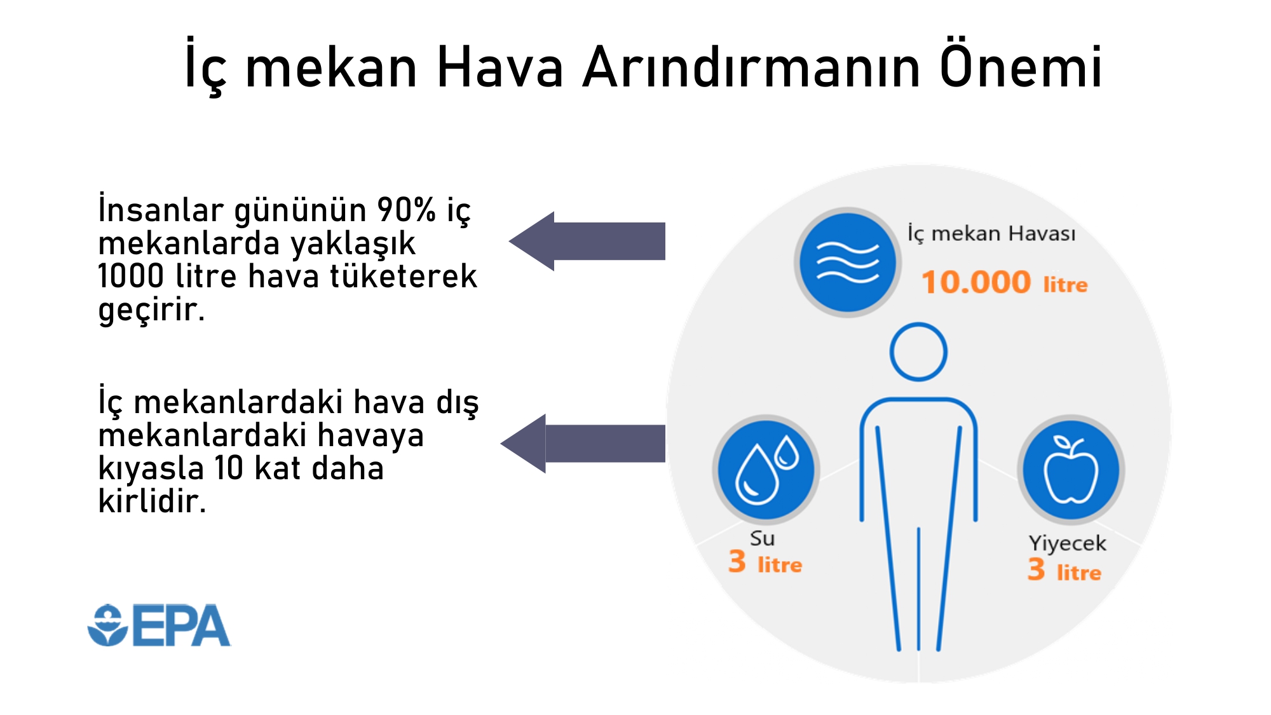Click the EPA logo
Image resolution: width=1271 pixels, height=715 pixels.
(x=159, y=625)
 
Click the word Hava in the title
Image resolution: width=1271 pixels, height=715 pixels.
(x=500, y=67)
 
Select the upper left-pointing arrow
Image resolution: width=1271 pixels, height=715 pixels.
(x=587, y=241)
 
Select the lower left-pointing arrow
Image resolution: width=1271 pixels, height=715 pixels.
(x=583, y=443)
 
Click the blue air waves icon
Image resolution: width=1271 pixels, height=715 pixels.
(x=847, y=262)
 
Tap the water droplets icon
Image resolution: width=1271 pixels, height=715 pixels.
(x=766, y=469)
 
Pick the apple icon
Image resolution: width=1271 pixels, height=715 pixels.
(x=1071, y=469)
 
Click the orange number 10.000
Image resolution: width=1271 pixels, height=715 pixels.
(x=976, y=282)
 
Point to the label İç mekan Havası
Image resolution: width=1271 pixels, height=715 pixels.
(x=991, y=234)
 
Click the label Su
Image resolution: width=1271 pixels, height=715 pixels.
(x=762, y=538)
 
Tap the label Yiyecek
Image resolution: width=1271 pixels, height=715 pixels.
(x=1068, y=543)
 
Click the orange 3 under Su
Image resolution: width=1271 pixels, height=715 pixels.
(x=737, y=561)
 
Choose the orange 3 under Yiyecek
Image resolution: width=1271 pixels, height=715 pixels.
(x=1037, y=569)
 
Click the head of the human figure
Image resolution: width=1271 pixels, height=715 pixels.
(x=918, y=352)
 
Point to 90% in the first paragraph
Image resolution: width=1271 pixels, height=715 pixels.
(x=406, y=210)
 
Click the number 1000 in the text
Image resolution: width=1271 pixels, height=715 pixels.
(x=131, y=276)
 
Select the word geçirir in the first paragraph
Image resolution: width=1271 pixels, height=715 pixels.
(x=151, y=311)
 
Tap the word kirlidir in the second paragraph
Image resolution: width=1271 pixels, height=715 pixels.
(x=153, y=501)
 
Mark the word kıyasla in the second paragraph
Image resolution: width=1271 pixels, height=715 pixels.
(x=151, y=469)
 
